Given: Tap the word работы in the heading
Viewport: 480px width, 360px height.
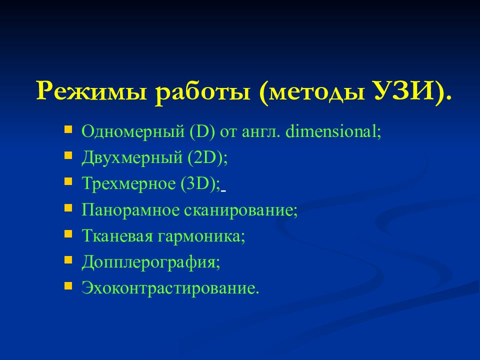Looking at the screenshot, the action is tap(202, 92).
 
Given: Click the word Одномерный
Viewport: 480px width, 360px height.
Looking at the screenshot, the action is tap(133, 132).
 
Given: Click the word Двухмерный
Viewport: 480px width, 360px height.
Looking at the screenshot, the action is tap(132, 158).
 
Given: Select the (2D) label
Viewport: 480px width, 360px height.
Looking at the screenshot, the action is tap(206, 158).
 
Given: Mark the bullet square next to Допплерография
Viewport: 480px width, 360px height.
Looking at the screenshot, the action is tap(68, 260).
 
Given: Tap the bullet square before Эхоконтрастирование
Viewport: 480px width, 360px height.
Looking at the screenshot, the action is tap(68, 286).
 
